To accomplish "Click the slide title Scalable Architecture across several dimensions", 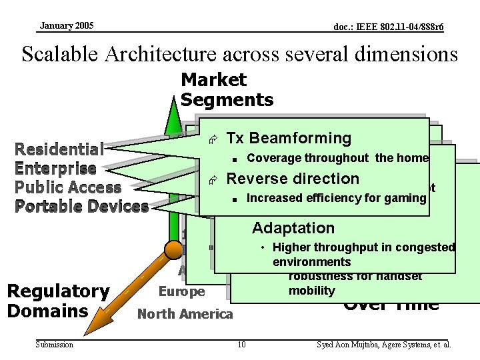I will [x=240, y=53].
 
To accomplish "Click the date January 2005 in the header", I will [x=67, y=26].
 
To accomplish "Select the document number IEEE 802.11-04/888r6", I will [x=389, y=27].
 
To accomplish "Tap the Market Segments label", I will [x=227, y=90].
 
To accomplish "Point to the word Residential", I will [x=59, y=149].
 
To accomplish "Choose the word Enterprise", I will [x=55, y=168].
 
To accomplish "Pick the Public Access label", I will [x=68, y=187].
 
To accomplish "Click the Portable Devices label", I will [x=81, y=206].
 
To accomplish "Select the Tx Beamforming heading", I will [x=289, y=138].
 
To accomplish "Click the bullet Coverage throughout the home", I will [x=337, y=158].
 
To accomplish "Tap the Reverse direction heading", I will [x=293, y=179].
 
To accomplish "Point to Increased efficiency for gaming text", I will [x=336, y=198].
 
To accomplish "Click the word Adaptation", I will [x=293, y=228].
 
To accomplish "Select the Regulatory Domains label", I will [x=57, y=301].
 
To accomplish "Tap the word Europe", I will [x=182, y=292].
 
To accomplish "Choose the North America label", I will [x=185, y=314].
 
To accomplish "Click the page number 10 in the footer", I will [x=241, y=344].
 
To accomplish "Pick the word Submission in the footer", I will [x=55, y=344].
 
